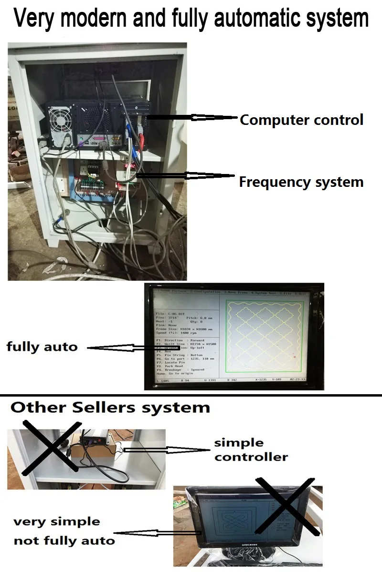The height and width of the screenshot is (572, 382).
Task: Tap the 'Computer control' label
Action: point(301,120)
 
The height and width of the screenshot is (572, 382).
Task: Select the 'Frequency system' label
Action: point(301,182)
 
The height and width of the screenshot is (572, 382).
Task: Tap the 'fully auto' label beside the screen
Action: point(42,347)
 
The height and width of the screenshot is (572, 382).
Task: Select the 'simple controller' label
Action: point(251,450)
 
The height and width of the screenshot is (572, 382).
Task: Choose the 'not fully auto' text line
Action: point(64,541)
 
